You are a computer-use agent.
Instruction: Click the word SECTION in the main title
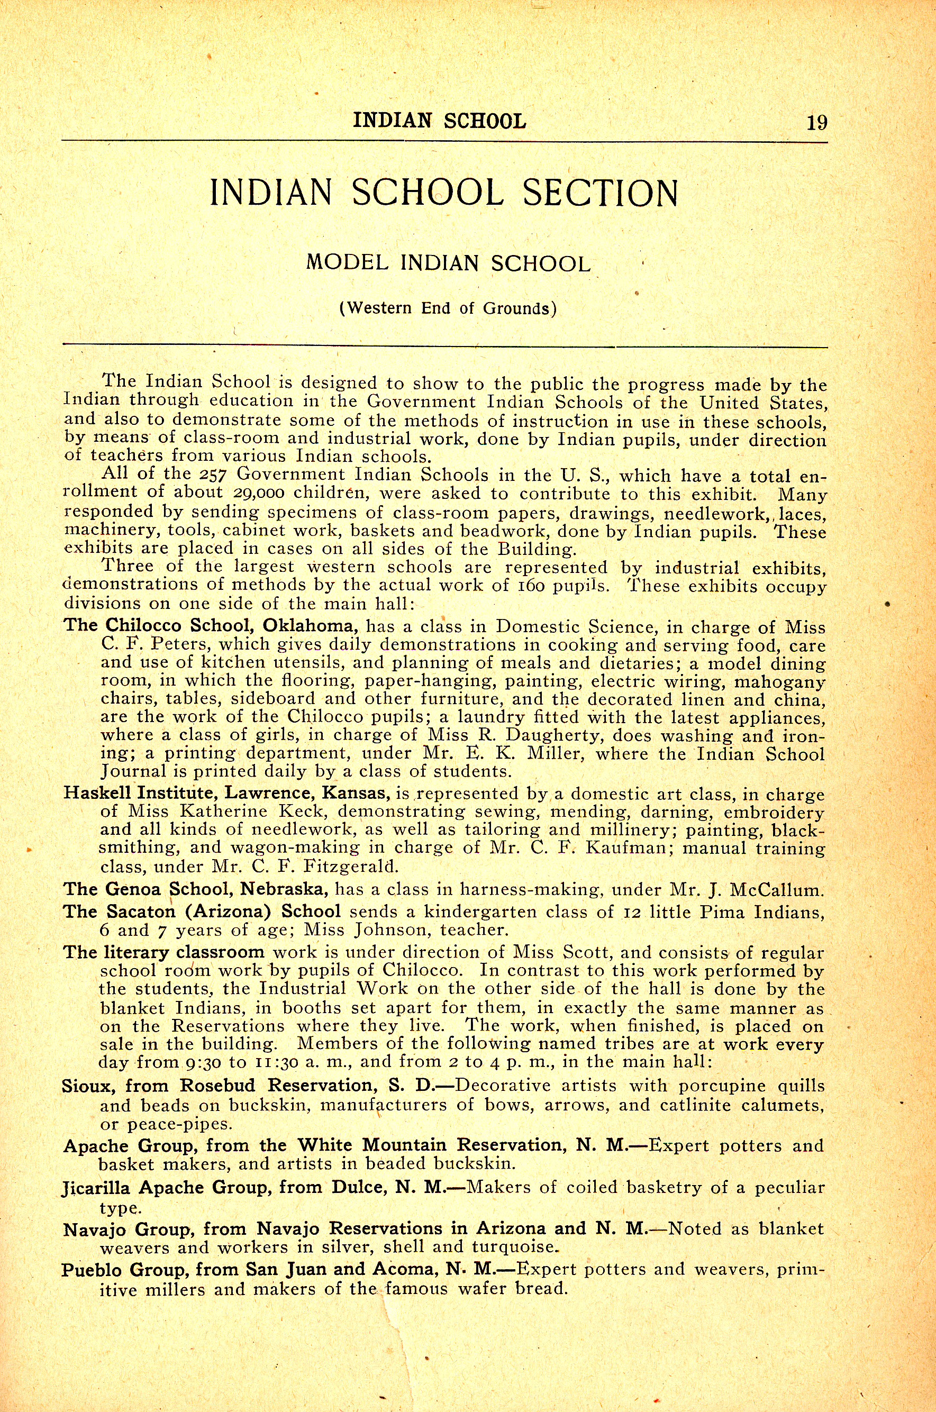pyautogui.click(x=600, y=193)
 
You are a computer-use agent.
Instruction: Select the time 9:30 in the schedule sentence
pyautogui.click(x=203, y=1062)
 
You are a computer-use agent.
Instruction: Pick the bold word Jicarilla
pyautogui.click(x=96, y=1188)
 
